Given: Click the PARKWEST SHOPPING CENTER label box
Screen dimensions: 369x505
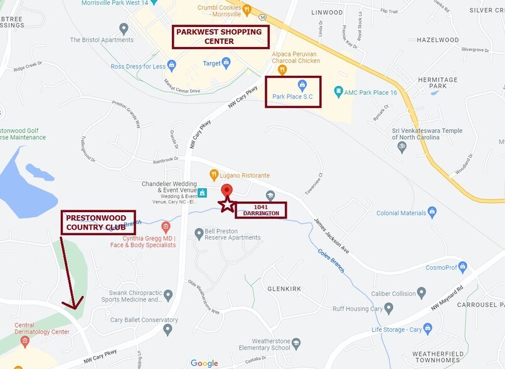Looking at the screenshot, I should (221, 36).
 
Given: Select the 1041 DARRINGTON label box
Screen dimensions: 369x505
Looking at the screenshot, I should (260, 210).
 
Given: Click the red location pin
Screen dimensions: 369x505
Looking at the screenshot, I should (227, 191).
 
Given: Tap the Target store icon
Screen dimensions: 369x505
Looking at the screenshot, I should (226, 63).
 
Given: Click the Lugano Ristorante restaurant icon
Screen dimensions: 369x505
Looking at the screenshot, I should (214, 175).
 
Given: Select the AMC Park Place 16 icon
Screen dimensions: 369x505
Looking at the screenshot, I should (339, 92).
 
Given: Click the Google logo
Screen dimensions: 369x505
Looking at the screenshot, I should (205, 363).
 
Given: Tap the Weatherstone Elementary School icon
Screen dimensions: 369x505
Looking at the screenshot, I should (296, 343).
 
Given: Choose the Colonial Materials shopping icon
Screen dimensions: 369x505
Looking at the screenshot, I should (432, 213).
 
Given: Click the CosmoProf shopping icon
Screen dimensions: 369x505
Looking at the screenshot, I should (463, 267).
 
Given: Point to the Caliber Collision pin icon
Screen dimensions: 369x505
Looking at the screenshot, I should (421, 293).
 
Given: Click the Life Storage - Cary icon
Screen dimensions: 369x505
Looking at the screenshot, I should (428, 328).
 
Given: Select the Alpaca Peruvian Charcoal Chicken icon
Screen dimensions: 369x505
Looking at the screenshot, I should (282, 70).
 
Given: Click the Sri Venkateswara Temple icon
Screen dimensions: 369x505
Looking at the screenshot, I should (402, 147).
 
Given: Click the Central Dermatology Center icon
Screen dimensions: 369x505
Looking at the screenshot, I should (25, 342).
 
